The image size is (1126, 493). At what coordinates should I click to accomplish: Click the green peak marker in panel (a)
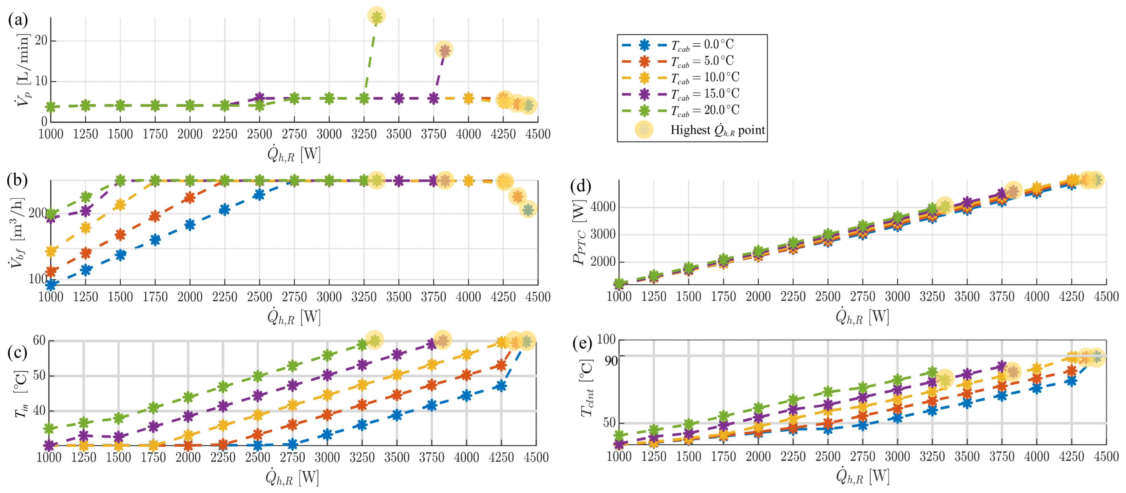tap(376, 16)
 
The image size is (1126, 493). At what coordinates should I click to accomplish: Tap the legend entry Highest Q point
tap(717, 130)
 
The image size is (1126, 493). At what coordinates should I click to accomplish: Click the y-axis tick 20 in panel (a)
tap(41, 41)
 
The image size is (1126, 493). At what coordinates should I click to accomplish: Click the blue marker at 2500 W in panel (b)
tap(259, 194)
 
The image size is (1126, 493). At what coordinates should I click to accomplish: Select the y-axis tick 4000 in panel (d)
tap(603, 207)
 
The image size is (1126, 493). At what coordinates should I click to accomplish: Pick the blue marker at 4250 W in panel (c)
tap(501, 386)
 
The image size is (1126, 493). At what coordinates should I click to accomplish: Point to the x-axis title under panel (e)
tap(862, 476)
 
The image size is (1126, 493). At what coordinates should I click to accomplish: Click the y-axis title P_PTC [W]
tap(579, 232)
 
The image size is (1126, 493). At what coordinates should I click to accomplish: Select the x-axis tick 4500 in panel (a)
tap(538, 134)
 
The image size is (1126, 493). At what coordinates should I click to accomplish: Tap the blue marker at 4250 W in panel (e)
tap(1071, 381)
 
